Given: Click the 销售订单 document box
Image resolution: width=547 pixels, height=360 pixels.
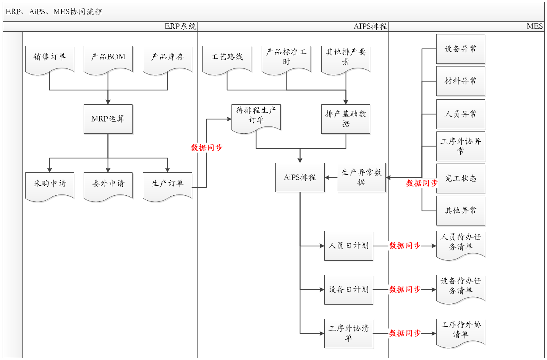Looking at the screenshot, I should pyautogui.click(x=50, y=58).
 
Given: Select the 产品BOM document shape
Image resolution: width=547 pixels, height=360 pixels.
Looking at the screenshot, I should pyautogui.click(x=108, y=58).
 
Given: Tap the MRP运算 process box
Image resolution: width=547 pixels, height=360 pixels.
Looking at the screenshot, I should pyautogui.click(x=108, y=119).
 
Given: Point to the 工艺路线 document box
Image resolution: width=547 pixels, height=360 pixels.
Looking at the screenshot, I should pyautogui.click(x=227, y=58).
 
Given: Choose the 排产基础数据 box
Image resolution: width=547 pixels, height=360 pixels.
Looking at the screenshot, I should pyautogui.click(x=346, y=119).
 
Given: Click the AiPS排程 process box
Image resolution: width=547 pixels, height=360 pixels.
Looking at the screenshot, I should pyautogui.click(x=300, y=177).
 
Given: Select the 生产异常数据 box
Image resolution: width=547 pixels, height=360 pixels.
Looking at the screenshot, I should pyautogui.click(x=361, y=177).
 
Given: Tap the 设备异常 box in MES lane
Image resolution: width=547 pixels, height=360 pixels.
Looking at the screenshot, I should pyautogui.click(x=461, y=49).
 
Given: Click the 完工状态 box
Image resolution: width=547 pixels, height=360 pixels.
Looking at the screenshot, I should pyautogui.click(x=461, y=178).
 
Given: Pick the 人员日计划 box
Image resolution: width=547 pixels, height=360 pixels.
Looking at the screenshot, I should pyautogui.click(x=349, y=246).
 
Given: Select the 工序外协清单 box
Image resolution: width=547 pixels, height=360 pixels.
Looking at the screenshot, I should pyautogui.click(x=349, y=333).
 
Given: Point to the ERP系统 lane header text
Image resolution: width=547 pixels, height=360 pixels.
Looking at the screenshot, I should pyautogui.click(x=180, y=26).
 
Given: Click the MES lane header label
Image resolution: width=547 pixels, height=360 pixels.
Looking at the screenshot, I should pyautogui.click(x=534, y=26).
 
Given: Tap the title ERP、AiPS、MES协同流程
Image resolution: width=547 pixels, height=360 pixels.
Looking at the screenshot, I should pyautogui.click(x=54, y=11).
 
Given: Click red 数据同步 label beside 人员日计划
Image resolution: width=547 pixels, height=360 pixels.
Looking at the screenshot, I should pyautogui.click(x=405, y=246).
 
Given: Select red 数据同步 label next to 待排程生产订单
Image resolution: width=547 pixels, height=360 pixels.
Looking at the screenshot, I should pyautogui.click(x=207, y=148).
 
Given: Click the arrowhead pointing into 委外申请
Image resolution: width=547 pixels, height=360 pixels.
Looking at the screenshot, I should pyautogui.click(x=108, y=170).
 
